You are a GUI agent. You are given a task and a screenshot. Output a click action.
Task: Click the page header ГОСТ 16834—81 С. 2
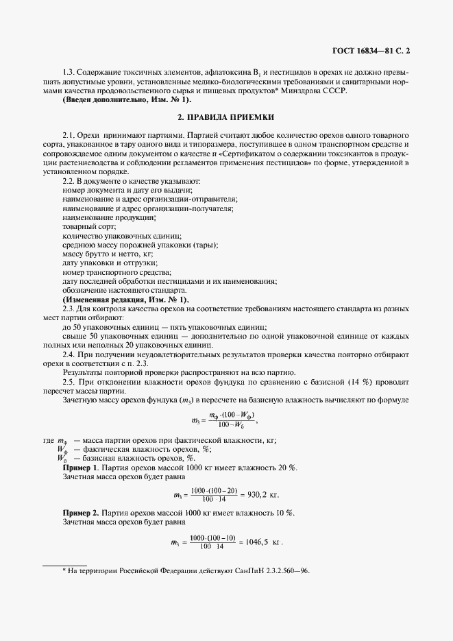point(371,50)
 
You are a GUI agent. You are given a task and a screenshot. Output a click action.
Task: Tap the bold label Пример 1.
point(81,467)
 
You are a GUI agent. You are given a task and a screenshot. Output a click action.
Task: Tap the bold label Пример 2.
point(81,513)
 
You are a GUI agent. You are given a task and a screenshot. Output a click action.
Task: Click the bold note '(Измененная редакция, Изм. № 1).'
point(125,300)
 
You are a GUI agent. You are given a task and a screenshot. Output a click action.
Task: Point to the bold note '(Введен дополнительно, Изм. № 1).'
point(127,100)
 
